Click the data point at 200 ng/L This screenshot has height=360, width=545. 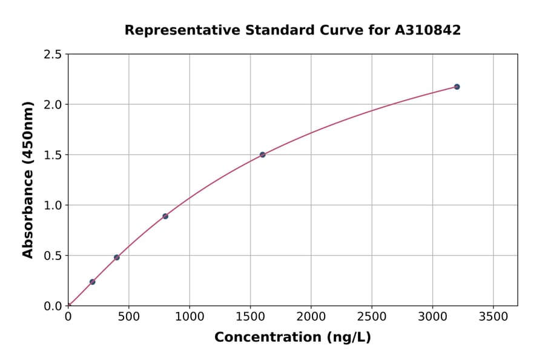click(92, 282)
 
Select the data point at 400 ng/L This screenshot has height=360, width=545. click(117, 258)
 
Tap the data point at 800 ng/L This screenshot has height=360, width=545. click(165, 216)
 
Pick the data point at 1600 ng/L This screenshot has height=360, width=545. click(262, 155)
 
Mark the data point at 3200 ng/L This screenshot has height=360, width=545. click(457, 87)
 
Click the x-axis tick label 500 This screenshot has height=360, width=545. click(128, 316)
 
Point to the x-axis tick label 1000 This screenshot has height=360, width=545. click(190, 316)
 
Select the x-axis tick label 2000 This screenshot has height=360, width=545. click(311, 316)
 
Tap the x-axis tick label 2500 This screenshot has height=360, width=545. click(372, 316)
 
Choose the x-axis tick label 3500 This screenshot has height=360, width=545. click(493, 316)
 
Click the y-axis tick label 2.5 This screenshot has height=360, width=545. click(53, 55)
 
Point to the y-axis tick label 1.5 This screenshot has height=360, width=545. click(53, 155)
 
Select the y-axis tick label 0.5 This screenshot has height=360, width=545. click(53, 256)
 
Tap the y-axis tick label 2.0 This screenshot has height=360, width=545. click(53, 105)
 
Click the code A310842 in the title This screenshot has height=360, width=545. click(428, 30)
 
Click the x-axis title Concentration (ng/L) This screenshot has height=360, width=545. click(292, 338)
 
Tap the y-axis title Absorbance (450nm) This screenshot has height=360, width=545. click(28, 180)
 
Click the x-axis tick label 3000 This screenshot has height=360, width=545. click(432, 316)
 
